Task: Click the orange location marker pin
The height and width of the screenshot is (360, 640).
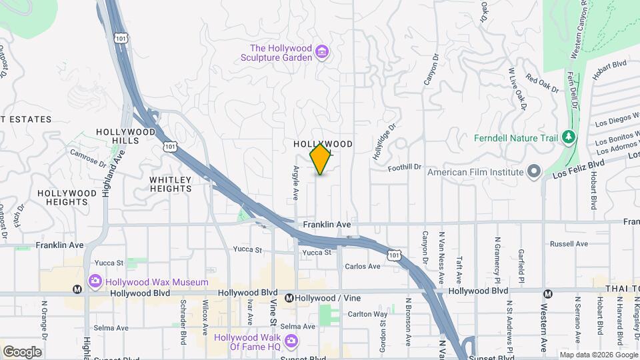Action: tap(321, 159)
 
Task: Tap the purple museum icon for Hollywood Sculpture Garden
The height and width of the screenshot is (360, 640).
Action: tap(323, 51)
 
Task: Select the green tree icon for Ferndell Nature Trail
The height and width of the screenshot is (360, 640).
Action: tap(569, 138)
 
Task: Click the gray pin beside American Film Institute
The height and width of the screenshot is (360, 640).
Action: tap(533, 171)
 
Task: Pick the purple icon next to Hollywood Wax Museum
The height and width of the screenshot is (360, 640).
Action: tap(94, 282)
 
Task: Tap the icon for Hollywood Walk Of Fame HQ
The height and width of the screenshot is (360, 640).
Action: tap(290, 341)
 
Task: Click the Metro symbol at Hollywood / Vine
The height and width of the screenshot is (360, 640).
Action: tap(289, 298)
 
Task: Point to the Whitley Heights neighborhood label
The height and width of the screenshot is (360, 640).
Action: tap(171, 184)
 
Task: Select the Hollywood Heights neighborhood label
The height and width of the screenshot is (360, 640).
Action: tap(67, 197)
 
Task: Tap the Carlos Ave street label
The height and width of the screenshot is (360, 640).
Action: tap(363, 267)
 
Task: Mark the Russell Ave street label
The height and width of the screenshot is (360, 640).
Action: tap(572, 244)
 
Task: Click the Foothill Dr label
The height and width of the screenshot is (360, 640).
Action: tap(405, 167)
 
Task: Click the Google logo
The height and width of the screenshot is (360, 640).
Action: tap(23, 351)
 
